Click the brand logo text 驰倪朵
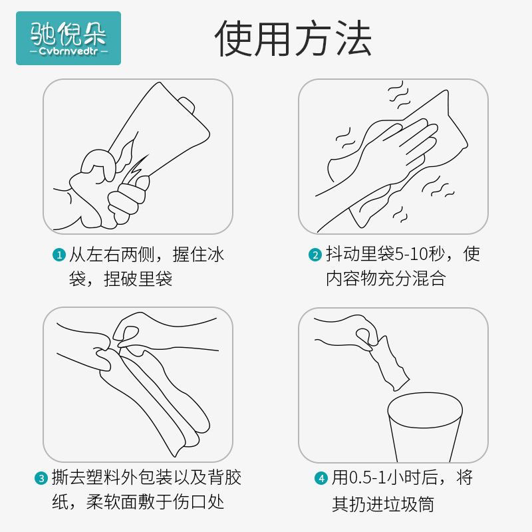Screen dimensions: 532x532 [x=68, y=34]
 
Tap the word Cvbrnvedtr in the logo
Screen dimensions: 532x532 [x=68, y=51]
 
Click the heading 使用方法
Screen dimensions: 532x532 [x=293, y=38]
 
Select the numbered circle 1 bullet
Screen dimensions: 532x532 [x=59, y=255]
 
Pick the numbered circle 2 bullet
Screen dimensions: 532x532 [x=315, y=255]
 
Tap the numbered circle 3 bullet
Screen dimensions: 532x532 [x=41, y=478]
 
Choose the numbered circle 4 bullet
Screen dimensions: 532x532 [x=321, y=478]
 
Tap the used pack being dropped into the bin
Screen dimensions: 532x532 [x=388, y=364]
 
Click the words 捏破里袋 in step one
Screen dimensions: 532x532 [x=138, y=279]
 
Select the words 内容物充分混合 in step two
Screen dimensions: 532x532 [x=386, y=279]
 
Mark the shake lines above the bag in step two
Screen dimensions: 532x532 [x=398, y=96]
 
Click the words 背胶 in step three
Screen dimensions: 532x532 [x=224, y=477]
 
